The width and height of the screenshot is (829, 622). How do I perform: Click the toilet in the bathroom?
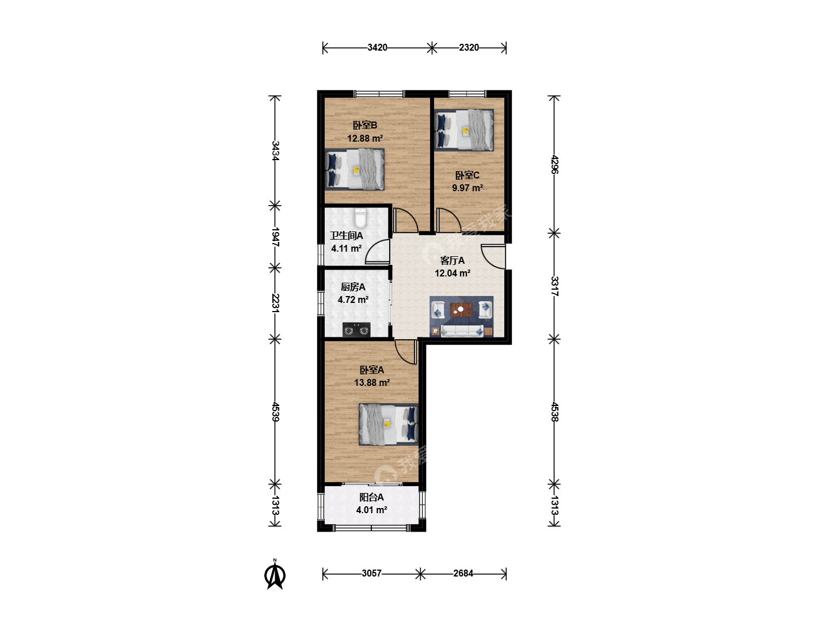pyautogui.click(x=360, y=218)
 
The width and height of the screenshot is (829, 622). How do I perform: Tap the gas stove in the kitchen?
pyautogui.click(x=356, y=329)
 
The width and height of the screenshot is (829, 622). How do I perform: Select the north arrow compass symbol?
pyautogui.click(x=275, y=574)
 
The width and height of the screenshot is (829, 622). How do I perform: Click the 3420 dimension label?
pyautogui.click(x=377, y=48)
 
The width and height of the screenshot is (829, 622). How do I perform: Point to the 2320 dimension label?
pyautogui.click(x=469, y=48)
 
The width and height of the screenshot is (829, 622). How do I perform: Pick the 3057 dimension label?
pyautogui.click(x=372, y=573)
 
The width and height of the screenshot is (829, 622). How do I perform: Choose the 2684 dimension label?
pyautogui.click(x=463, y=573)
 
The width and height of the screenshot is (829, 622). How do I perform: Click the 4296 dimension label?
pyautogui.click(x=554, y=164)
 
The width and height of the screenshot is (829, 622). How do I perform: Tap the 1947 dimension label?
pyautogui.click(x=275, y=237)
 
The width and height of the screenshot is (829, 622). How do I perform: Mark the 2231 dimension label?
pyautogui.click(x=275, y=303)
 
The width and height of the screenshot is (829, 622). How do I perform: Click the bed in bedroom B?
pyautogui.click(x=355, y=169)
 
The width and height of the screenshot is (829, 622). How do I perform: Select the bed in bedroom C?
pyautogui.click(x=464, y=130)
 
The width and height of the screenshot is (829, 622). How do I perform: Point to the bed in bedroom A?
pyautogui.click(x=389, y=424)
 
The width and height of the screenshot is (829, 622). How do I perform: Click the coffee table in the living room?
pyautogui.click(x=461, y=310)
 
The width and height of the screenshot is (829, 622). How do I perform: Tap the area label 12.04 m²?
pyautogui.click(x=452, y=273)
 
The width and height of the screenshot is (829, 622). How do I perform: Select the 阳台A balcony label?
pyautogui.click(x=371, y=498)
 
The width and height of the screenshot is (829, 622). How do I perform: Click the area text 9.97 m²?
pyautogui.click(x=467, y=188)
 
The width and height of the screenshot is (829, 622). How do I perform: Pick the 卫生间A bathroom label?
pyautogui.click(x=347, y=236)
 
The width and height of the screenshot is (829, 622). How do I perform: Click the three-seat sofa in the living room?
pyautogui.click(x=462, y=331)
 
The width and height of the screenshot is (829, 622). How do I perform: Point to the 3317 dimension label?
pyautogui.click(x=554, y=286)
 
